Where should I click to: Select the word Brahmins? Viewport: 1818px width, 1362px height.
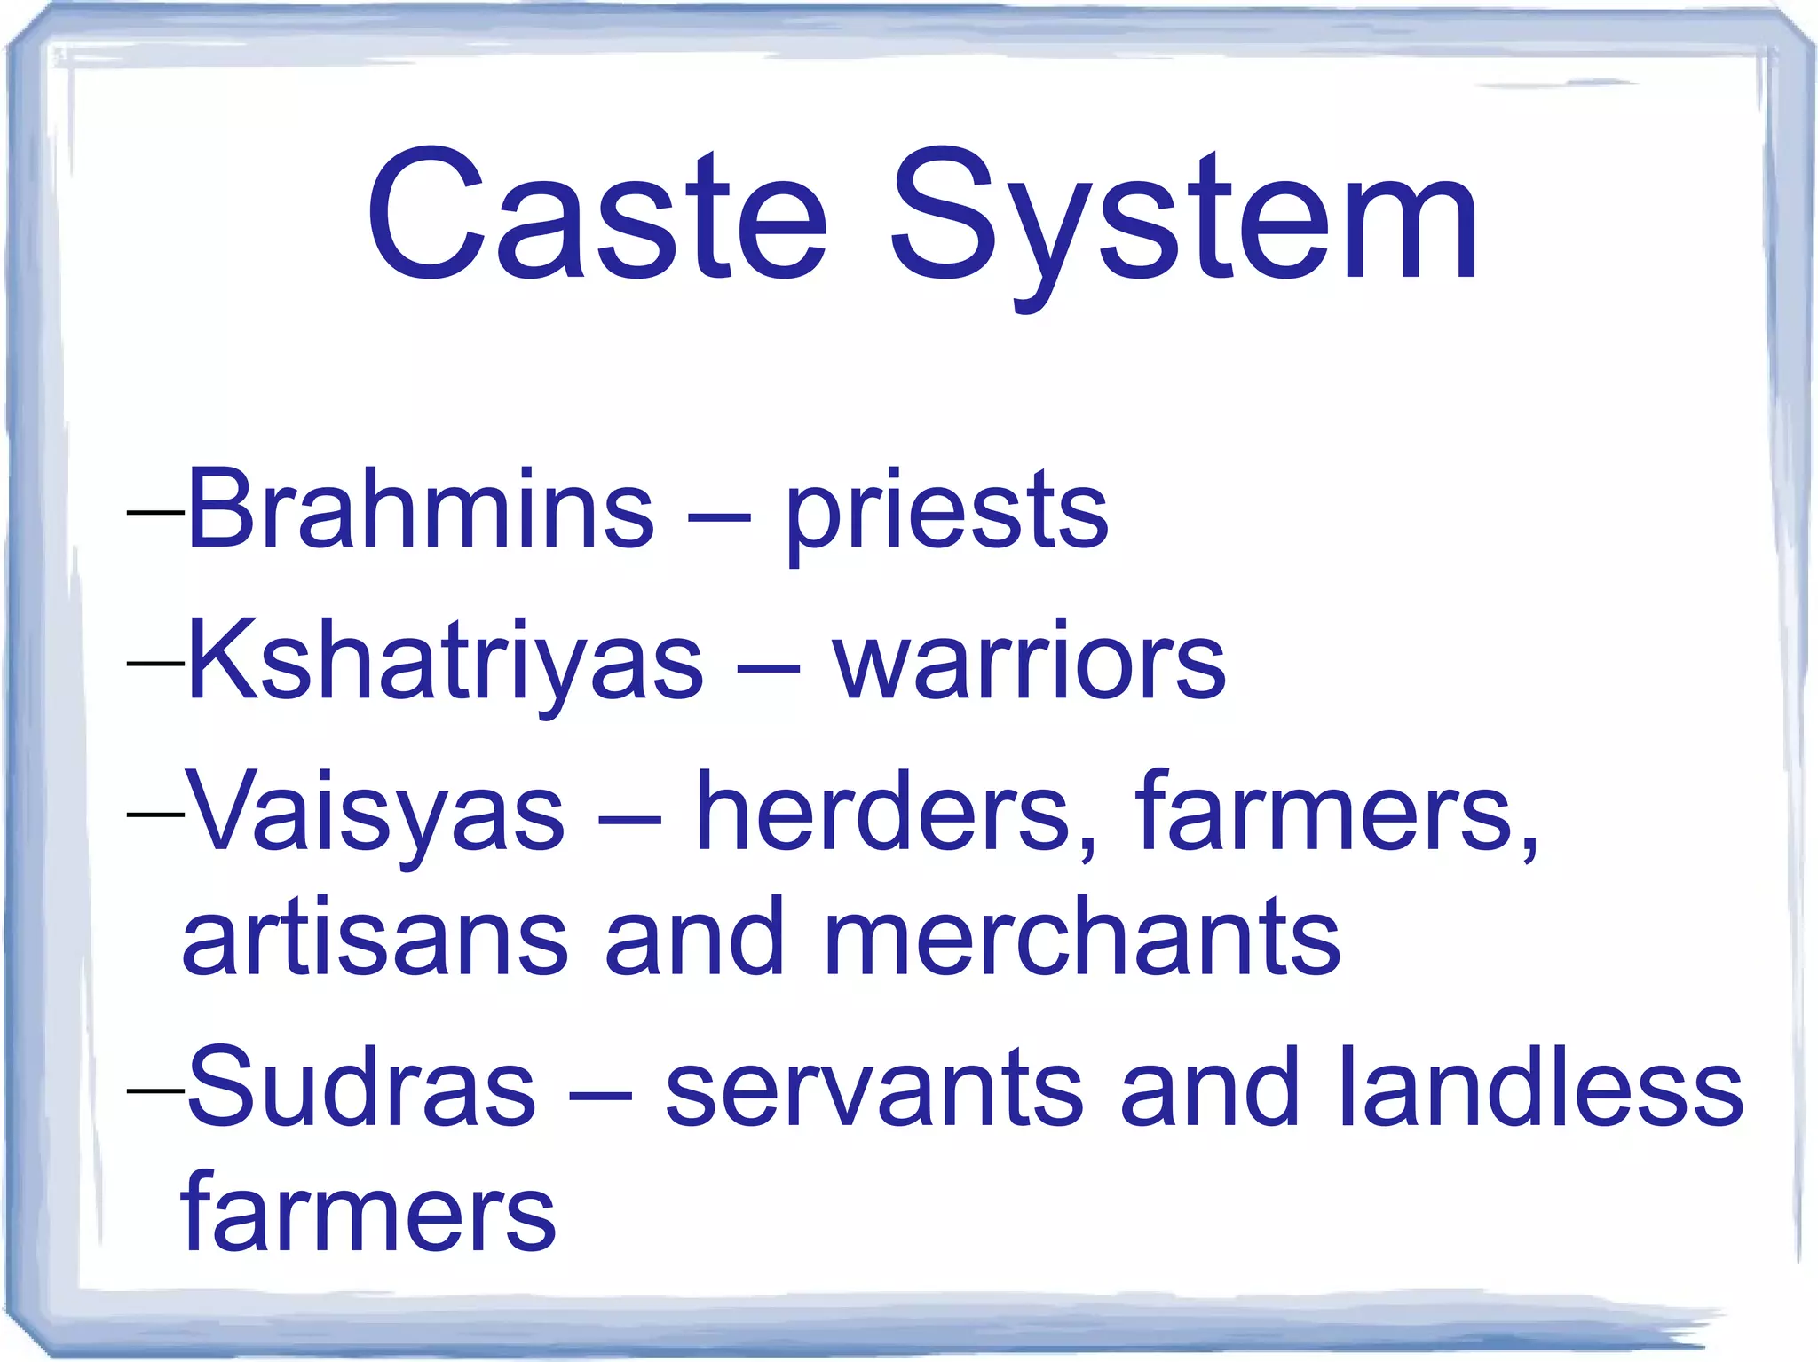pyautogui.click(x=421, y=509)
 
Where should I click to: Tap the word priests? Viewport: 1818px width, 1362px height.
pyautogui.click(x=946, y=515)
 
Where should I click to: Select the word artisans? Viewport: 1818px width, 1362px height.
pyautogui.click(x=375, y=938)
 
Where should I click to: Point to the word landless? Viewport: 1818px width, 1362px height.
pyautogui.click(x=1541, y=1088)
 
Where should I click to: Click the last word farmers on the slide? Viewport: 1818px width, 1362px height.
pyautogui.click(x=368, y=1212)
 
